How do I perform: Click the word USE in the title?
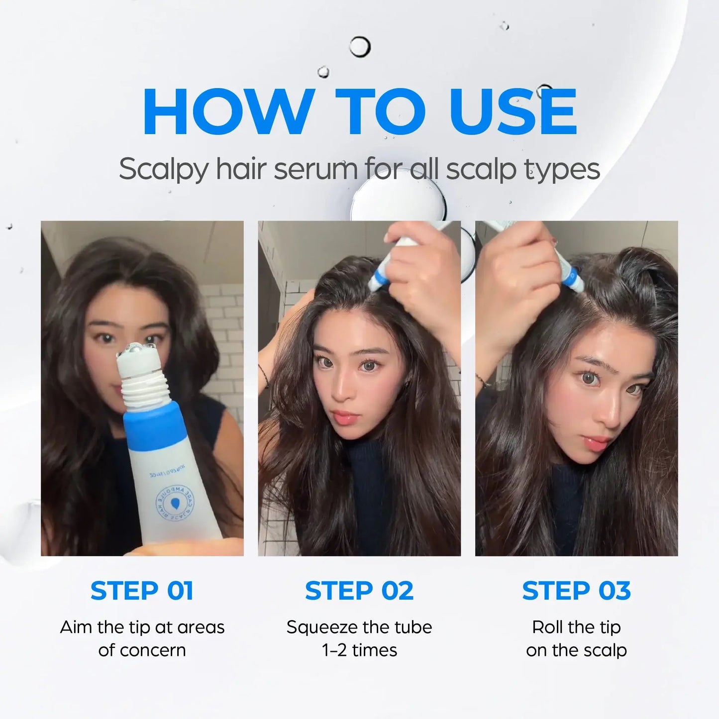click(513, 112)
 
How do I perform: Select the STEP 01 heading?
click(142, 591)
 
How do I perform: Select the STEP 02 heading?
click(359, 591)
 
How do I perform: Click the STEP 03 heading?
click(576, 591)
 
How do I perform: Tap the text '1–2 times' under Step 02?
click(359, 650)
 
